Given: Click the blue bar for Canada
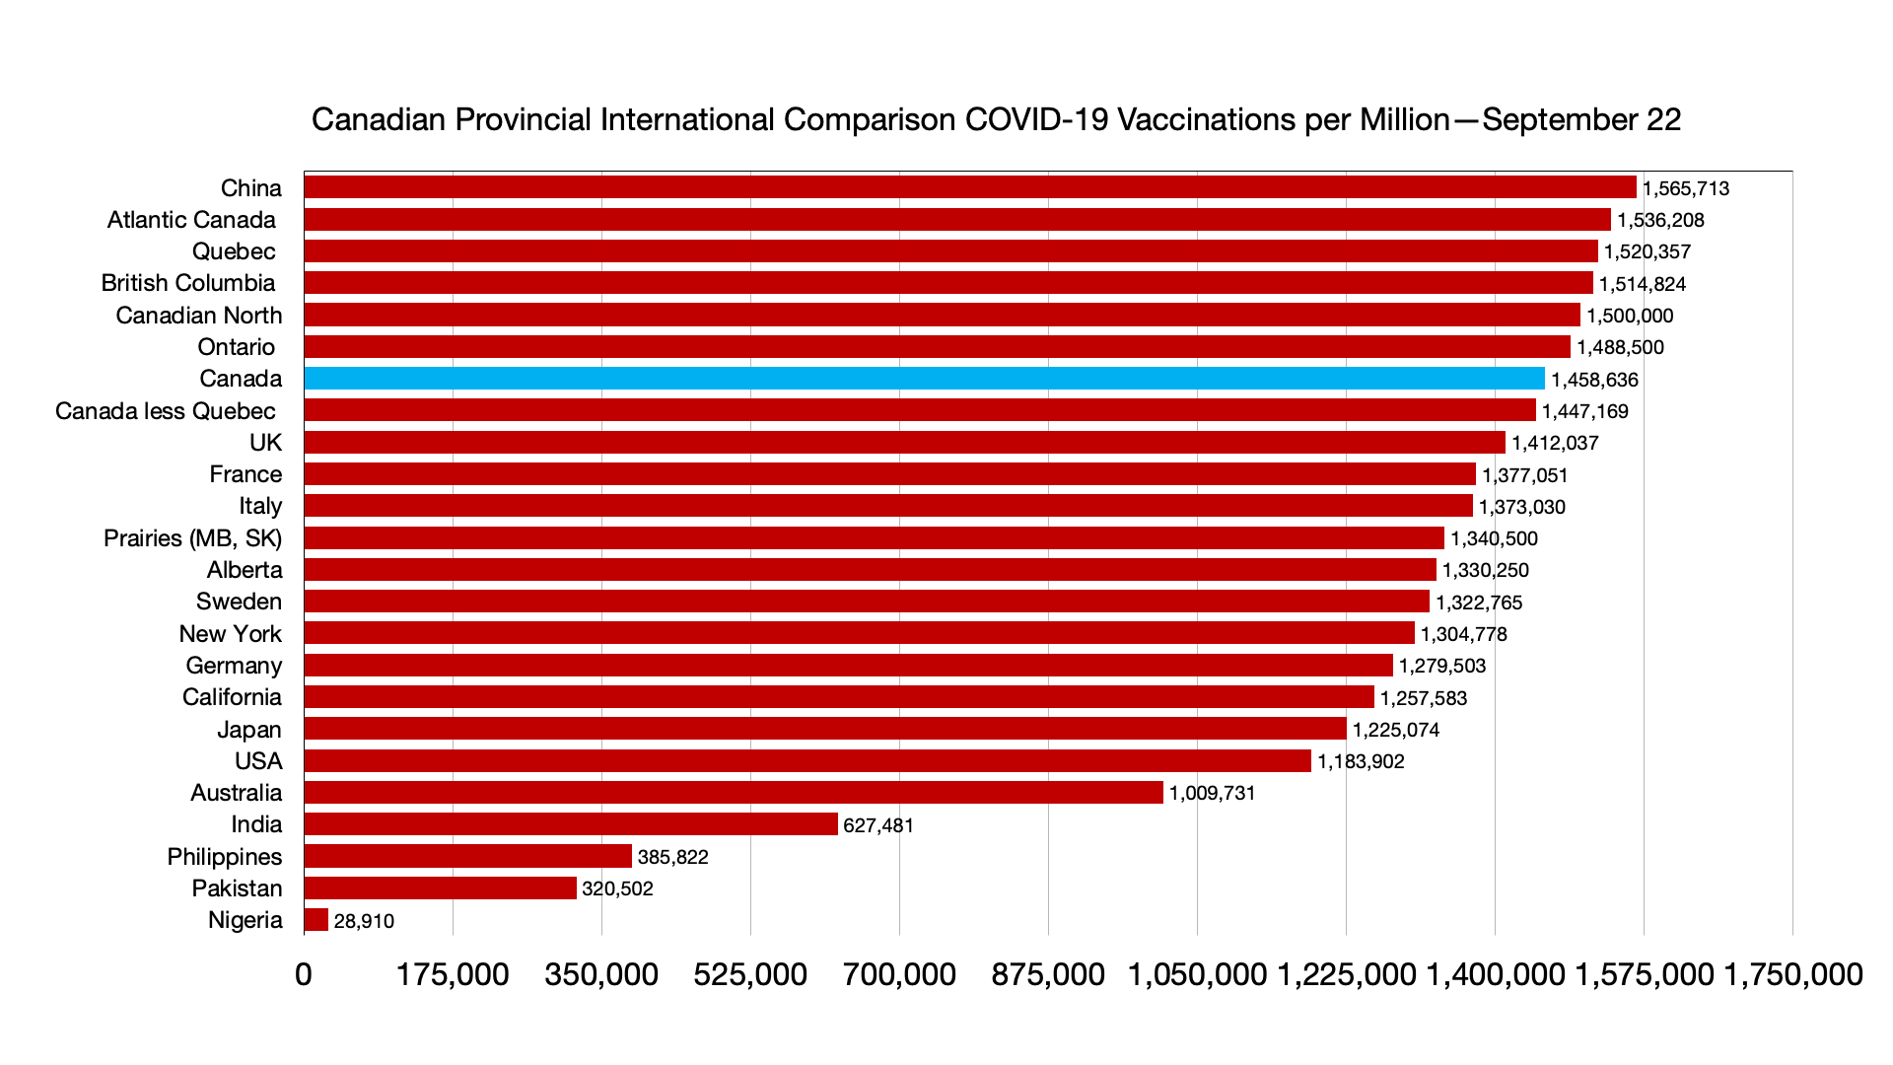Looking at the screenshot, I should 924,379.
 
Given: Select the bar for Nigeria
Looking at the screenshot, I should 316,920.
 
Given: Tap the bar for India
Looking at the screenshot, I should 571,824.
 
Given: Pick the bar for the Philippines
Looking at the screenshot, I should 467,856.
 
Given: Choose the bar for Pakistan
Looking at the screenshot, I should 440,888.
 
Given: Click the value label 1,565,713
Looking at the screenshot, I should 1686,188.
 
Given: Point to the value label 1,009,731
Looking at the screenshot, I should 1213,793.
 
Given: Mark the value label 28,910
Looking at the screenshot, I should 364,921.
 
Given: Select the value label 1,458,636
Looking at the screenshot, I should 1594,380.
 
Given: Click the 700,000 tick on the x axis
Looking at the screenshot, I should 899,974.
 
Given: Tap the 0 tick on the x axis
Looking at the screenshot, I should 304,974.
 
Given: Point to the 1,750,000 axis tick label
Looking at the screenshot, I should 1792,974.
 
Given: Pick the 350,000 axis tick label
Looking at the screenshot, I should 601,974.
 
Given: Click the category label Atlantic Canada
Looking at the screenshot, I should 191,220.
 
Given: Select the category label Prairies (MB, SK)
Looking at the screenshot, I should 192,538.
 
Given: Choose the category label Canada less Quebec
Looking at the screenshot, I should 166,411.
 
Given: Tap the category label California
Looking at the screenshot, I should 232,697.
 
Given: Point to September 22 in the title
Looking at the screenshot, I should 1581,119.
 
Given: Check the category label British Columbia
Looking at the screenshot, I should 188,283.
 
